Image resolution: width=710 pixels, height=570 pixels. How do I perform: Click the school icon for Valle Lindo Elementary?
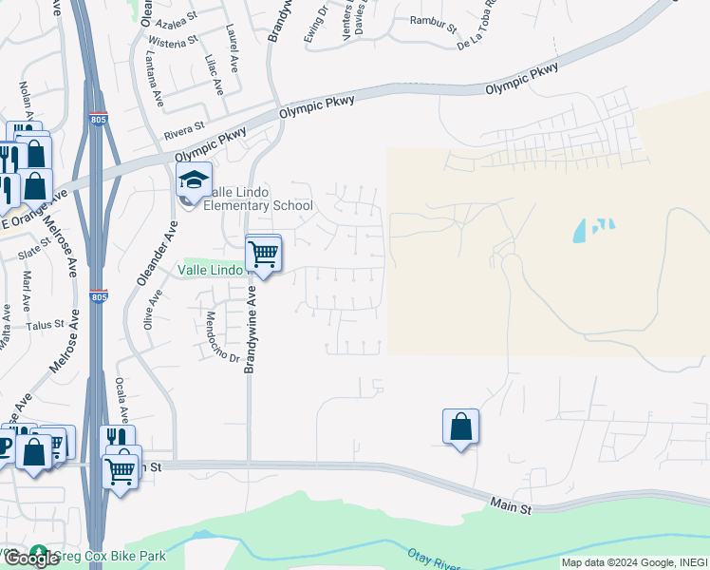point(193,180)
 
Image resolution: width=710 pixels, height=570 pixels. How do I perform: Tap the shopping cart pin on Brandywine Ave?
point(263,254)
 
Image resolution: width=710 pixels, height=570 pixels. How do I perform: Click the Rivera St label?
point(184,128)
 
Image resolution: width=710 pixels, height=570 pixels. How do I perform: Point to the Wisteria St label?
point(173,42)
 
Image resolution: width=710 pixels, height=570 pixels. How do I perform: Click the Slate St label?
point(32,250)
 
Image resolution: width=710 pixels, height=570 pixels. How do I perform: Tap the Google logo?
point(31,559)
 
